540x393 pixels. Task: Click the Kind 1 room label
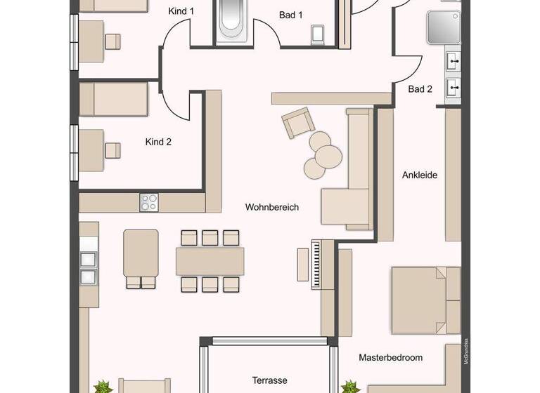[x=181, y=11]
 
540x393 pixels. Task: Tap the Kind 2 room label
[x=158, y=142]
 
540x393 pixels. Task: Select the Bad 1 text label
[x=290, y=14]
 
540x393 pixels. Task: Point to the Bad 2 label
[x=420, y=89]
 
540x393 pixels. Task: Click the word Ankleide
[x=420, y=175]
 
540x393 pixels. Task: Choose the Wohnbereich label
[x=272, y=207]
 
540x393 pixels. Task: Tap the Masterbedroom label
[x=391, y=357]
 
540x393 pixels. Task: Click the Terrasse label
[x=270, y=380]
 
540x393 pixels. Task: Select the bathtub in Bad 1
[x=231, y=19]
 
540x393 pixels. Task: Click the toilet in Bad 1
[x=316, y=34]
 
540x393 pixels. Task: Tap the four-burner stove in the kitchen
[x=149, y=202]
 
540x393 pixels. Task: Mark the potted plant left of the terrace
[x=103, y=386]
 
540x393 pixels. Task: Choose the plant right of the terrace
[x=349, y=387]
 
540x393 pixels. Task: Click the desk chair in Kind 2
[x=112, y=150]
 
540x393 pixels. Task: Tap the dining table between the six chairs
[x=210, y=261]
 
